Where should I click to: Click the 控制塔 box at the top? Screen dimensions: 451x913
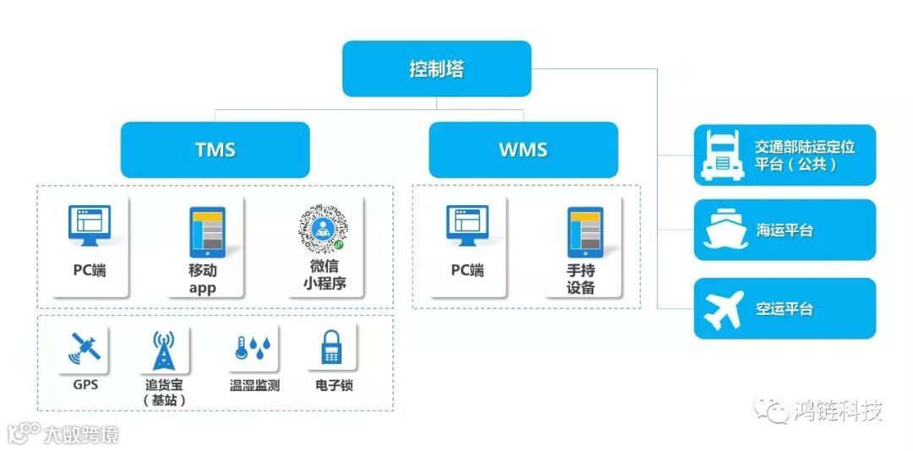tap(436, 68)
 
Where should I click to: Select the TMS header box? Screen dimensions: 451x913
tap(215, 150)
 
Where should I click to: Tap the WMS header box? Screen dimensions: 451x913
tap(522, 150)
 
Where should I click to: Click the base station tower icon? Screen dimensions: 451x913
tap(164, 350)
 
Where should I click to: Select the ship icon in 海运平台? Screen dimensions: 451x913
tap(724, 230)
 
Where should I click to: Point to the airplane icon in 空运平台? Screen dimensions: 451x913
tap(724, 308)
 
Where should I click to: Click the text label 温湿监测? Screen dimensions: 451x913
tap(254, 386)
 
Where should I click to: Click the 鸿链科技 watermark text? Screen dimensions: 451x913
tap(838, 411)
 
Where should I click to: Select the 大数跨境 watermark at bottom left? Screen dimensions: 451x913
tap(80, 434)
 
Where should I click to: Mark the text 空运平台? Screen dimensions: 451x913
tap(784, 309)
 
